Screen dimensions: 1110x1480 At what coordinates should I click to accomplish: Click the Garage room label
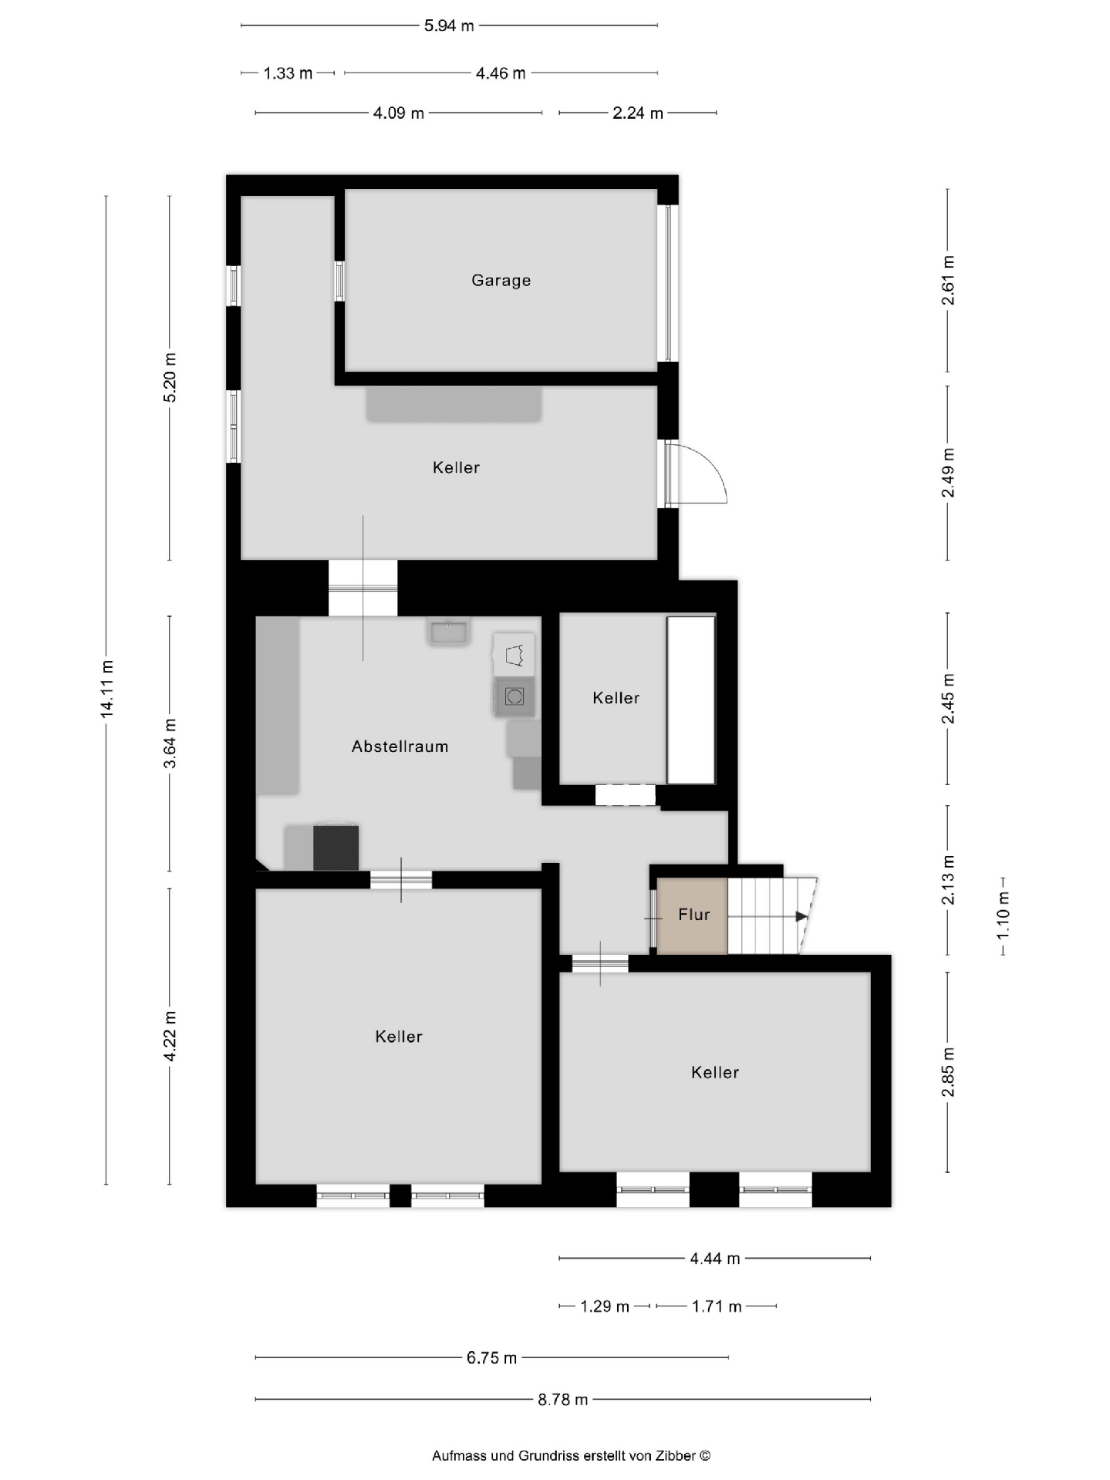(x=501, y=281)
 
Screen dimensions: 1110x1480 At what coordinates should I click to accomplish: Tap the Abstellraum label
(x=400, y=747)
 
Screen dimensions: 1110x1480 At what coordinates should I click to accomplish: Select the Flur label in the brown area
(x=693, y=915)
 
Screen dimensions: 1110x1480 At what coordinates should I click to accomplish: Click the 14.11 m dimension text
(x=107, y=689)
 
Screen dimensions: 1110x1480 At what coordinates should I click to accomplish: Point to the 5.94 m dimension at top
(x=449, y=26)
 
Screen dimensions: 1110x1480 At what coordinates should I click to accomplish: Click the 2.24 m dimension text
(x=638, y=113)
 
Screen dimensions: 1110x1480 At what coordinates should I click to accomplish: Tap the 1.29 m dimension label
(x=605, y=1306)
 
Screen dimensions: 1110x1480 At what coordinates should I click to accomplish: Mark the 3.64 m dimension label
(x=170, y=743)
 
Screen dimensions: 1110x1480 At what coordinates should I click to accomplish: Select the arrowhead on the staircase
(x=801, y=916)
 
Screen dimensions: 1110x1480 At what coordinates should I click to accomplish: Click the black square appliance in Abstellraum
(x=336, y=848)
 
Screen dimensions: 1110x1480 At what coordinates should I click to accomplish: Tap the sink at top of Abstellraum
(x=448, y=632)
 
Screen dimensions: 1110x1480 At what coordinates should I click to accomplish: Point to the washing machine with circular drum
(x=515, y=697)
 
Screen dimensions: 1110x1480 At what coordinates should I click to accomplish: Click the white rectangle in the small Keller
(x=691, y=700)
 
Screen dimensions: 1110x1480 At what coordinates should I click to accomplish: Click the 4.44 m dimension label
(x=715, y=1259)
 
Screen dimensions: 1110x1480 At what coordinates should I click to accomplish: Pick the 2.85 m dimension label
(x=949, y=1072)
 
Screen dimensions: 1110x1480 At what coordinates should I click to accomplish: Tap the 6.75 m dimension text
(x=491, y=1357)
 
